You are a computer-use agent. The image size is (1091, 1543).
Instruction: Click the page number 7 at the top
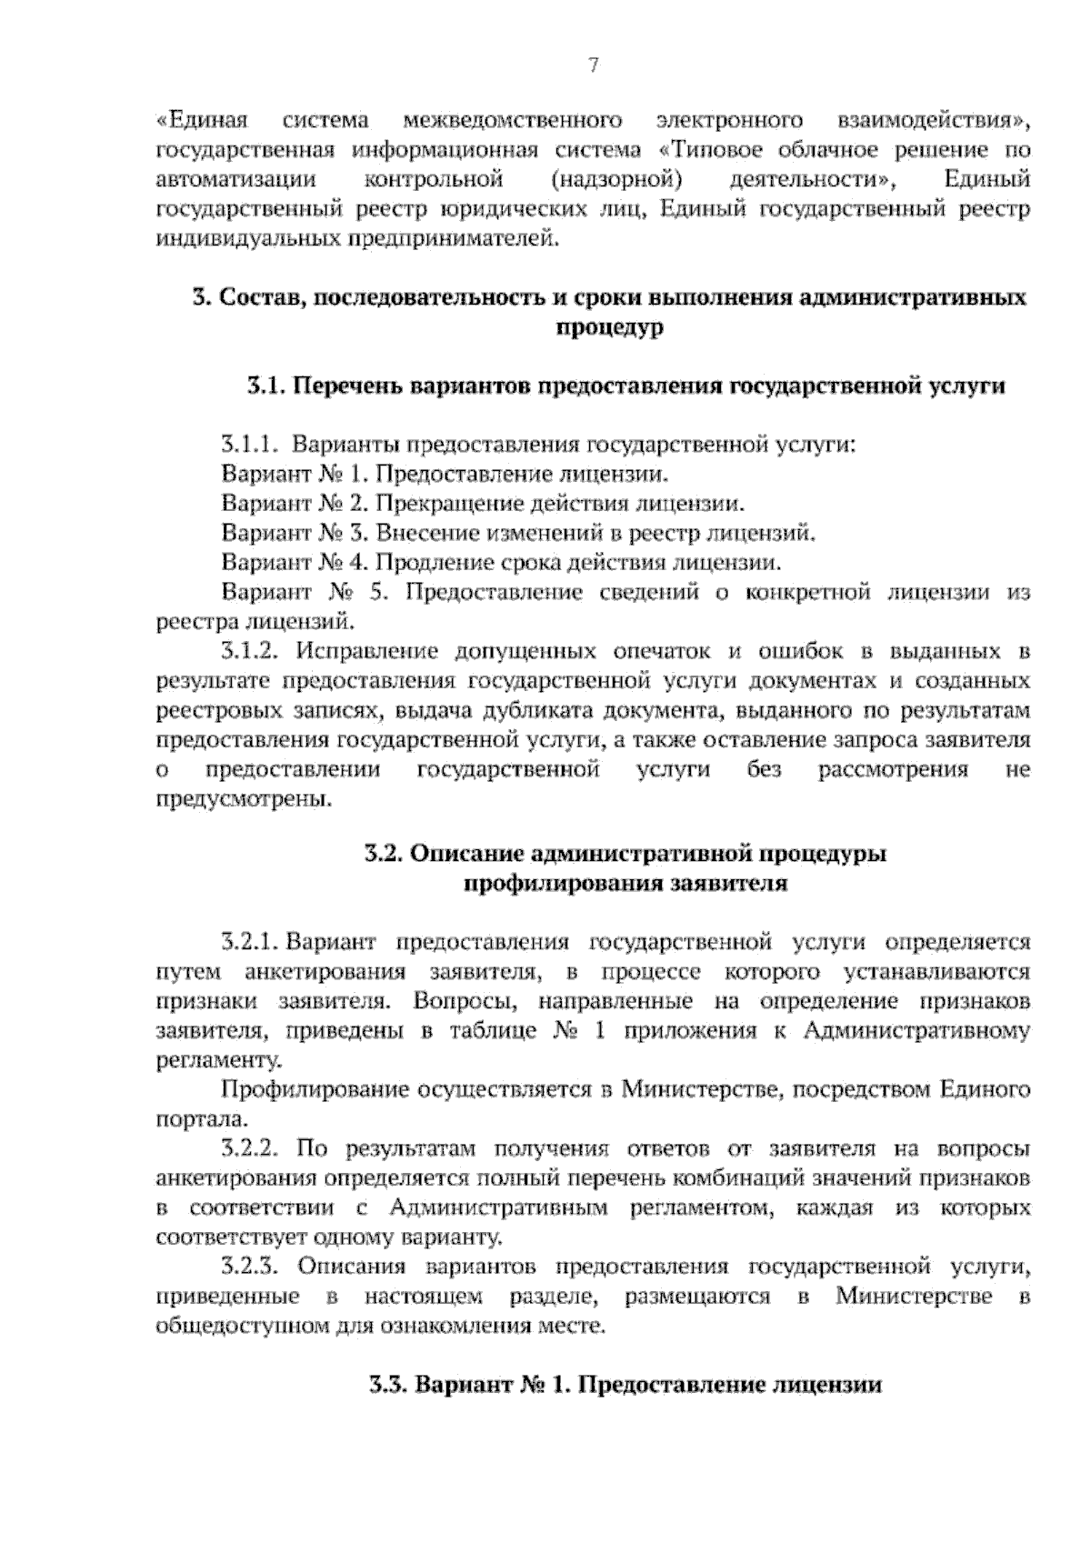pyautogui.click(x=593, y=65)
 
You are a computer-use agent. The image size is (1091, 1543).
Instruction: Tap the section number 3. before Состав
pyautogui.click(x=202, y=298)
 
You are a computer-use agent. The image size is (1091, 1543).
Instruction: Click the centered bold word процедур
pyautogui.click(x=608, y=327)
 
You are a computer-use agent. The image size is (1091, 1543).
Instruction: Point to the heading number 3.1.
pyautogui.click(x=266, y=386)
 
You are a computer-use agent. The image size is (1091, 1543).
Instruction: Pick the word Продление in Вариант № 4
pyautogui.click(x=425, y=563)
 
